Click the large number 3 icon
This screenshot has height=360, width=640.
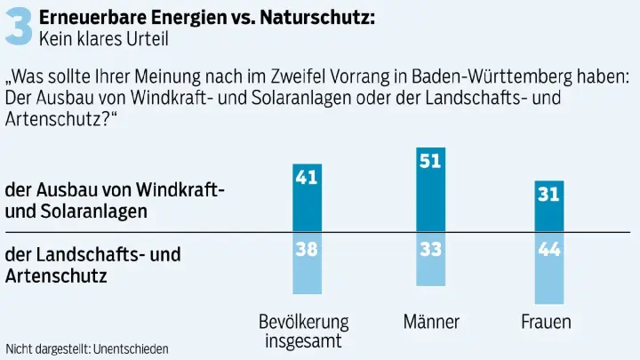[20, 26]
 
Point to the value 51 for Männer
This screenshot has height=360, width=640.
[430, 161]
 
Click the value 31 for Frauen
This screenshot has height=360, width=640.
[548, 194]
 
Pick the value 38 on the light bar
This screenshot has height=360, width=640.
[307, 250]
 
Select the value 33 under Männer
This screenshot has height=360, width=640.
[430, 250]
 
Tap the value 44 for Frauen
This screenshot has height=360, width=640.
[548, 250]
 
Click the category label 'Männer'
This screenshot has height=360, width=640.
[430, 321]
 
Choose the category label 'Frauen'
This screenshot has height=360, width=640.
[546, 321]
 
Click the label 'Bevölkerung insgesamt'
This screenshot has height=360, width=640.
[304, 331]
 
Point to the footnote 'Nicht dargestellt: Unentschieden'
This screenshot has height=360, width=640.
[87, 348]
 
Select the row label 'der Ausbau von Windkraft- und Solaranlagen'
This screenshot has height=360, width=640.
[115, 201]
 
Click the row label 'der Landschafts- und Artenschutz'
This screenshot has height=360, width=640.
[92, 265]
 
